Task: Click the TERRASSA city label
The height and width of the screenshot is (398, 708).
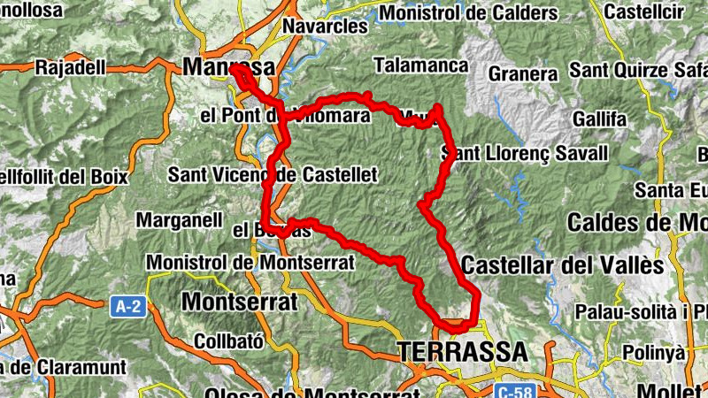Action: click(463, 351)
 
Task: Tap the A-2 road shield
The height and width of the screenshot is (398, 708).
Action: click(128, 307)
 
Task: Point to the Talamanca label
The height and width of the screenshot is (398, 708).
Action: click(420, 65)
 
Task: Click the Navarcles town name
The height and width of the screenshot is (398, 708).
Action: click(325, 27)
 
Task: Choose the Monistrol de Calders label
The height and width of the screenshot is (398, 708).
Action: click(468, 13)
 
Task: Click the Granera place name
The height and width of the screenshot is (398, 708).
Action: click(523, 73)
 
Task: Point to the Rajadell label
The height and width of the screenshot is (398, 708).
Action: click(70, 66)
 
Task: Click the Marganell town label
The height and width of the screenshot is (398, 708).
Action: click(178, 219)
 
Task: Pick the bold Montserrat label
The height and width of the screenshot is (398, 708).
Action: click(239, 301)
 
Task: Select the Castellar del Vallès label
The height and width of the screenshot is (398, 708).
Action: click(562, 264)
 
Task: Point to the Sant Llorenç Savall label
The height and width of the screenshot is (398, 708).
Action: click(526, 154)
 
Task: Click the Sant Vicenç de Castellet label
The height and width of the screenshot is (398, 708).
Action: click(273, 173)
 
